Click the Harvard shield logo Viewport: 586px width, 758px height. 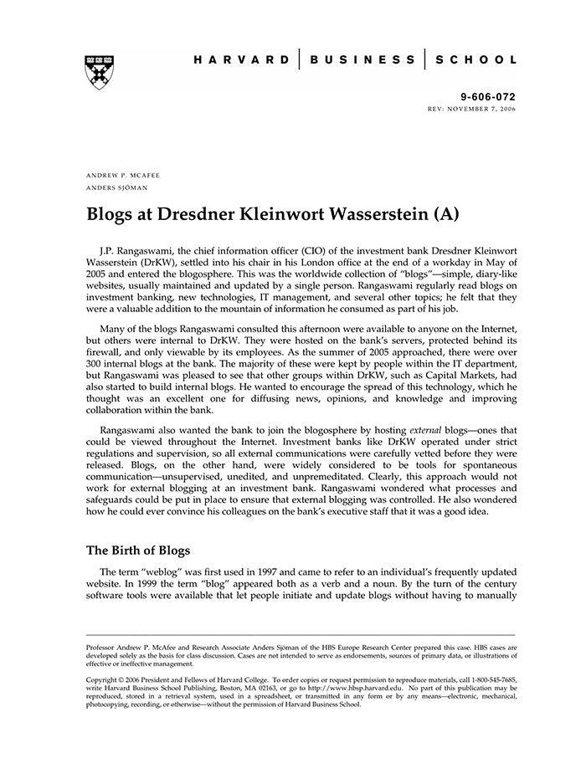click(x=100, y=73)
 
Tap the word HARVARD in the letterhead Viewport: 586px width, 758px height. click(x=242, y=60)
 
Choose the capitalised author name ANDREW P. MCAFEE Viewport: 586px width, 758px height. click(x=123, y=175)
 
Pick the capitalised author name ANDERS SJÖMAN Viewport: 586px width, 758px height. click(x=118, y=187)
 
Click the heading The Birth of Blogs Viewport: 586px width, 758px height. click(x=139, y=551)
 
